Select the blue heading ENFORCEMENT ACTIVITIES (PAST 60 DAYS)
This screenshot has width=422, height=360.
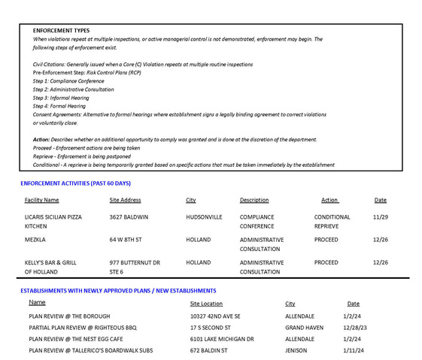[x=75, y=183]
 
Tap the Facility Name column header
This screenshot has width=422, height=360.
[x=41, y=201]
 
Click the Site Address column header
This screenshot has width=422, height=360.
[x=125, y=201]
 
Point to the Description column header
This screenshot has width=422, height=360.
[x=254, y=201]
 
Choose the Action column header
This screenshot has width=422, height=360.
[x=329, y=201]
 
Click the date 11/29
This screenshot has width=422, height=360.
[x=380, y=217]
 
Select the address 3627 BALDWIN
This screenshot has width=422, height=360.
[x=129, y=217]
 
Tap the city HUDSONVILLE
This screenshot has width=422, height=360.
[x=204, y=217]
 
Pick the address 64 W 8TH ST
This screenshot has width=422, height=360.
[x=126, y=240]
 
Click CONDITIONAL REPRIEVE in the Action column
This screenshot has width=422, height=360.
[x=332, y=222]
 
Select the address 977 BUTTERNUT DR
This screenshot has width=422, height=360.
[x=135, y=263]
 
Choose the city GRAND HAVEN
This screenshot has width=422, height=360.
[x=304, y=328]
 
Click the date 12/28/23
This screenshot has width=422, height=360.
[x=354, y=328]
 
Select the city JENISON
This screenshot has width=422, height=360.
[x=297, y=351]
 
